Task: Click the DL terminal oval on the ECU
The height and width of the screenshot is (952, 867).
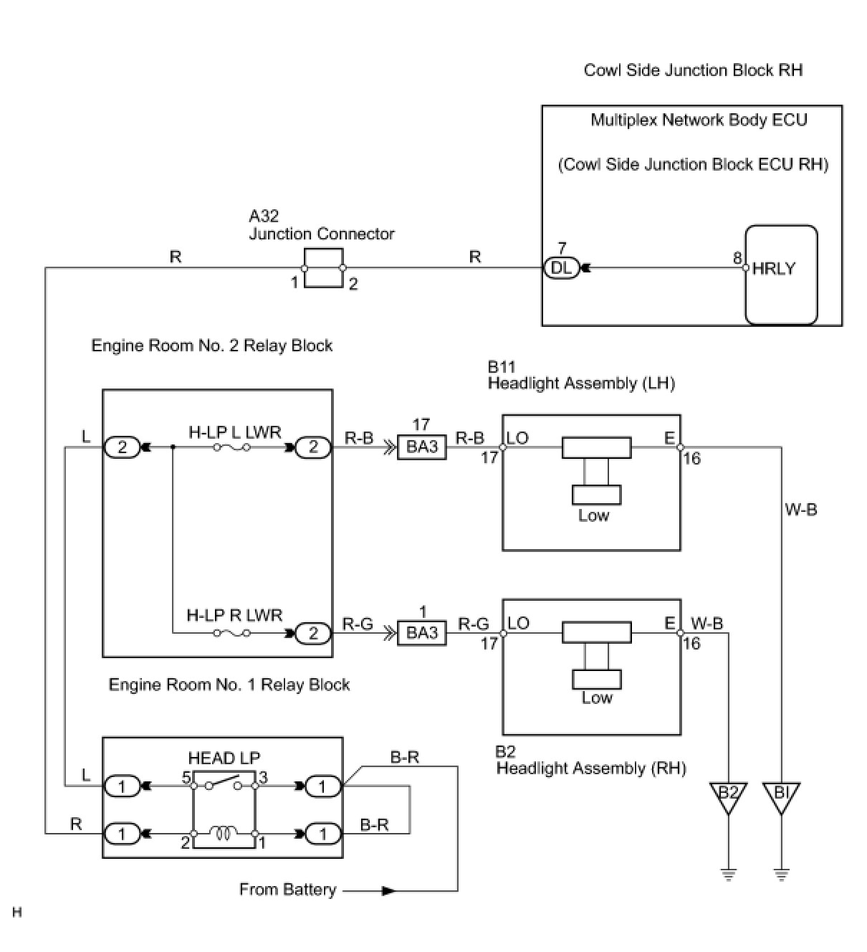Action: tap(561, 267)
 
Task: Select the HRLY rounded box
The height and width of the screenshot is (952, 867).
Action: tap(781, 275)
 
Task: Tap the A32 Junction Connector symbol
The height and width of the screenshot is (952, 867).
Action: tap(323, 267)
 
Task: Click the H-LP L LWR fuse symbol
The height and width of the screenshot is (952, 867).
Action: tap(231, 447)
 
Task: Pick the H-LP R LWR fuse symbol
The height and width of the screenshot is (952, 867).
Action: tap(231, 632)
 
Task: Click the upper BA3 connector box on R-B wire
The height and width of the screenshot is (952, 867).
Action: tap(422, 447)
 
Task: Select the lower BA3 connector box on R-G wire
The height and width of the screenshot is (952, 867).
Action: tap(422, 632)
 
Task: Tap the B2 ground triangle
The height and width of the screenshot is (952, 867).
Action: tap(729, 799)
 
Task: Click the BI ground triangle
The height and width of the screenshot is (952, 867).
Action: tap(781, 799)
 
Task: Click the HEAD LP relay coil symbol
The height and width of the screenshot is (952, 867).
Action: tap(223, 833)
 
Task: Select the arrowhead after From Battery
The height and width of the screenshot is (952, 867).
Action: tap(388, 891)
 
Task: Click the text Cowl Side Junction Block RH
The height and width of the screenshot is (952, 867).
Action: tap(693, 70)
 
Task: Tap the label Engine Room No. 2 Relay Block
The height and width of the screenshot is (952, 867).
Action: tap(211, 346)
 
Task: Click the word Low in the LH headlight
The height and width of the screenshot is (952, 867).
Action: tap(593, 515)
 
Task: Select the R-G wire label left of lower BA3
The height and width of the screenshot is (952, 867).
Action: tap(358, 624)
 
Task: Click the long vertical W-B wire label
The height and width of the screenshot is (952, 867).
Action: tap(801, 510)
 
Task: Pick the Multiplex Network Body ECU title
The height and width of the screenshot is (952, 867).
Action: tap(699, 120)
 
